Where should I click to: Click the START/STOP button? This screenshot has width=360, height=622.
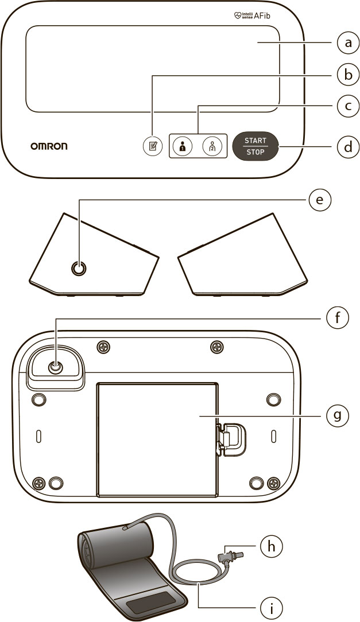(x=254, y=146)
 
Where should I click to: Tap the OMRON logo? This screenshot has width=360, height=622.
(x=49, y=146)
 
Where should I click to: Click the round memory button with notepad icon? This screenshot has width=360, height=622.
(x=152, y=146)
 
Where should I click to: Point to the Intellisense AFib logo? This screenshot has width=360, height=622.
(x=253, y=17)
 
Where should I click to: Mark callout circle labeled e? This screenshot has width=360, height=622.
(x=320, y=200)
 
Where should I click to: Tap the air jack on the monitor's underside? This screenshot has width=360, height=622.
(x=55, y=368)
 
